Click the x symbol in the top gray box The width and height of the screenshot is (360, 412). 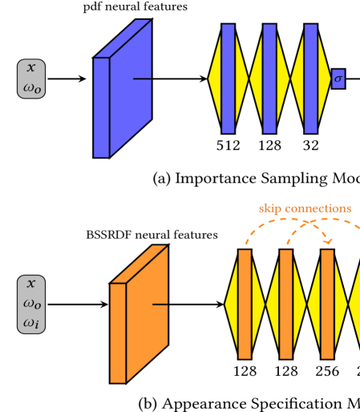pyautogui.click(x=31, y=69)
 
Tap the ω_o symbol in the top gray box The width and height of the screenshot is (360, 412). pyautogui.click(x=31, y=87)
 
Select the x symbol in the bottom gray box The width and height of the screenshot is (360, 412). pyautogui.click(x=31, y=284)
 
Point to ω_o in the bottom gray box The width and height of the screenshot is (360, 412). pyautogui.click(x=31, y=304)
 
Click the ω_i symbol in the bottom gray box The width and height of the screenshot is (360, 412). pyautogui.click(x=31, y=323)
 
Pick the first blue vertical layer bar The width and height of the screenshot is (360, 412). pyautogui.click(x=228, y=79)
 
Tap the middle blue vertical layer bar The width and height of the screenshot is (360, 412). pyautogui.click(x=269, y=79)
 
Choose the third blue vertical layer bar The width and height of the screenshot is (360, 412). pyautogui.click(x=310, y=79)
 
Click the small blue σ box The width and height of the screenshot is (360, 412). pyautogui.click(x=338, y=79)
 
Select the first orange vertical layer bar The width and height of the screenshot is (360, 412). pyautogui.click(x=245, y=304)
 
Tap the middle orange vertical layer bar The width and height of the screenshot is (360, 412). pyautogui.click(x=285, y=304)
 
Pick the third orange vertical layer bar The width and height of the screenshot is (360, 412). pyautogui.click(x=327, y=304)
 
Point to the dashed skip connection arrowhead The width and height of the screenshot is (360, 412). pyautogui.click(x=327, y=241)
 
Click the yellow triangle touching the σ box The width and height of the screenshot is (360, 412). pyautogui.click(x=323, y=79)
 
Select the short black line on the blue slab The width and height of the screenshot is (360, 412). pyautogui.click(x=142, y=79)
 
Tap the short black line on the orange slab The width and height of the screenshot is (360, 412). pyautogui.click(x=160, y=305)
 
